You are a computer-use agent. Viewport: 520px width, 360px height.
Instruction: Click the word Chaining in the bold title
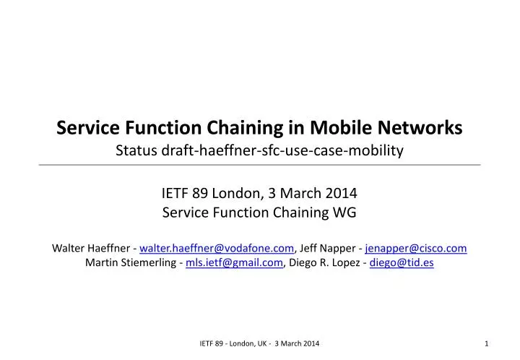point(246,128)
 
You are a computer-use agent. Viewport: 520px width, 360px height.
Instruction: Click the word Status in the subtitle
point(137,150)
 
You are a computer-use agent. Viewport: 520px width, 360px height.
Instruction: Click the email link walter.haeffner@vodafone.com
point(217,248)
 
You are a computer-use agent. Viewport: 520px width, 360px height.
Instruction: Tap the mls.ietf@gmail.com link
point(234,263)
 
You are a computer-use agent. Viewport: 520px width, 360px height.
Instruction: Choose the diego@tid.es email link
point(402,263)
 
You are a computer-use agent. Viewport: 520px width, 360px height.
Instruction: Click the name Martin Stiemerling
point(131,263)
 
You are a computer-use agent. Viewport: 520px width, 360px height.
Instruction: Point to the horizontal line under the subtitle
point(260,165)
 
